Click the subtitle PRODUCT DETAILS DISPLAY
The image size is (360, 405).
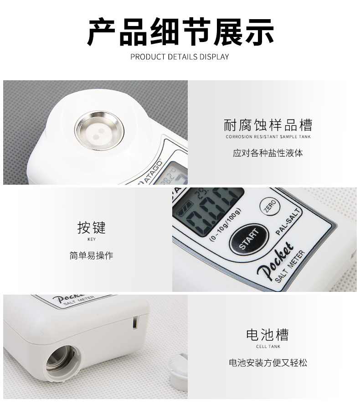point(180,57)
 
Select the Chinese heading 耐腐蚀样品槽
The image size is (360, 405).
point(268,125)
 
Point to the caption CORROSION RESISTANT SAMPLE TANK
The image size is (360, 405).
point(268,137)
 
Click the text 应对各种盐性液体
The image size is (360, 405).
point(268,153)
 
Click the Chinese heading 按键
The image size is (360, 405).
point(91,227)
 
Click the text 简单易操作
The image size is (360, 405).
point(91,255)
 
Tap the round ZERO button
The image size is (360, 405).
point(268,208)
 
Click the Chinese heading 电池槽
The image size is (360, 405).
point(268,335)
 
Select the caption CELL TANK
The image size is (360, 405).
point(268,347)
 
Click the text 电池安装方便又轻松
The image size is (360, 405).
point(268,363)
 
